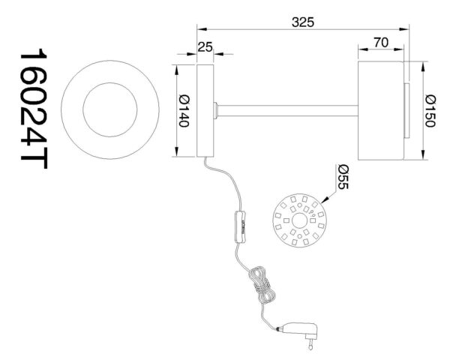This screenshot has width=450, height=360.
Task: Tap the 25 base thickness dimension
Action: pyautogui.click(x=205, y=47)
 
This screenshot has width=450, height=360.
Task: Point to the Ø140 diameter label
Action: pyautogui.click(x=182, y=111)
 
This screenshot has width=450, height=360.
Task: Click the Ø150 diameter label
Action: pyautogui.click(x=430, y=111)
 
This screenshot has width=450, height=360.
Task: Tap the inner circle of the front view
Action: pyautogui.click(x=110, y=109)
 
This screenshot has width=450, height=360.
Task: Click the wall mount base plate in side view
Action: pyautogui.click(x=205, y=111)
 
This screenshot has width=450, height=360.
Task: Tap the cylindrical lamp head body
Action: pyautogui.click(x=380, y=111)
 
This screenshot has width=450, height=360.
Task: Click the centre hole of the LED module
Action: pyautogui.click(x=298, y=220)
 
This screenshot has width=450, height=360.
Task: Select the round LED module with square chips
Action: pyautogui.click(x=298, y=220)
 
